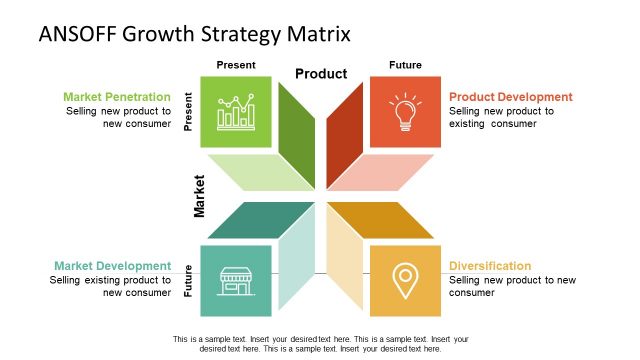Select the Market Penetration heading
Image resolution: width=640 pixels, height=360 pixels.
pos(117,97)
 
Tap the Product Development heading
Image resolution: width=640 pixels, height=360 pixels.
pos(511,97)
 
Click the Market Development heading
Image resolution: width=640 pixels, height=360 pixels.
pos(112,266)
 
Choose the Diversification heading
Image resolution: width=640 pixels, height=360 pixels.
pos(490,266)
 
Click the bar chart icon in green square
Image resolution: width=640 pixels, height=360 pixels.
pos(236,112)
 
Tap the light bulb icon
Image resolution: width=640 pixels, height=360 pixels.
pos(405,112)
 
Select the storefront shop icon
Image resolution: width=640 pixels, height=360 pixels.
pos(236,280)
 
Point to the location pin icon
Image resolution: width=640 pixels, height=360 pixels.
pos(405,280)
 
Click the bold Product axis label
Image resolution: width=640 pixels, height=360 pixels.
pos(321,74)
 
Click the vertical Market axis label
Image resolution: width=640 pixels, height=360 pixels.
pos(199,196)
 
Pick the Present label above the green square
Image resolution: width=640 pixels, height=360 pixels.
pos(236,65)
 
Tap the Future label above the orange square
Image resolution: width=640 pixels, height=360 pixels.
pos(405,65)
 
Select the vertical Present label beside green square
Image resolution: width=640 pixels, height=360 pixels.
pos(189,112)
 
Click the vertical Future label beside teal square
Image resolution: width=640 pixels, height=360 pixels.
pos(189,280)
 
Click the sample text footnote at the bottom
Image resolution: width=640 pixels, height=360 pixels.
pos(321,344)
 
